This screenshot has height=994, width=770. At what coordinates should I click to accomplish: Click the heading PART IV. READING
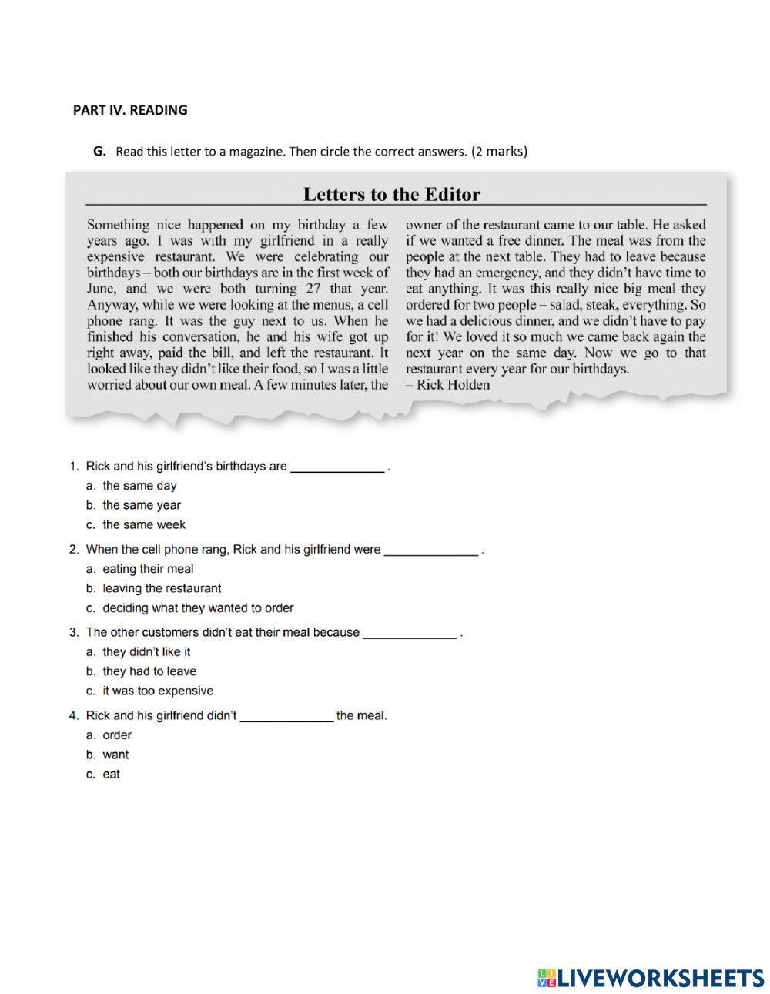pyautogui.click(x=130, y=110)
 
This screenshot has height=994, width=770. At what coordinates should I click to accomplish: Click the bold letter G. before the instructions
pyautogui.click(x=99, y=152)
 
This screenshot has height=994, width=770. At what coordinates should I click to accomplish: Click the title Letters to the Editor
pyautogui.click(x=391, y=194)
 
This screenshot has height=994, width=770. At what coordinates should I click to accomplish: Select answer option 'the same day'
pyautogui.click(x=139, y=486)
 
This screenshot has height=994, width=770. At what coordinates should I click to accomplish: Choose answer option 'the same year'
pyautogui.click(x=142, y=505)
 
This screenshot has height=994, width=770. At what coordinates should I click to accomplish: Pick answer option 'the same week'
pyautogui.click(x=144, y=524)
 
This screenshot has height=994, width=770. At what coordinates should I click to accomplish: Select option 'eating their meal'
pyautogui.click(x=148, y=569)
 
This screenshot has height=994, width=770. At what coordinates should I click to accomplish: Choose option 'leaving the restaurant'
pyautogui.click(x=162, y=588)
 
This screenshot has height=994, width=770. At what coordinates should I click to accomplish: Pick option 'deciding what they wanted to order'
pyautogui.click(x=198, y=607)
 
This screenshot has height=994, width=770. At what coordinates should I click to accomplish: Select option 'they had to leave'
pyautogui.click(x=149, y=671)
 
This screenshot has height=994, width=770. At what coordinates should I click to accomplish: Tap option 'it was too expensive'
pyautogui.click(x=158, y=691)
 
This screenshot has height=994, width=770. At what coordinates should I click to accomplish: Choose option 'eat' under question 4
pyautogui.click(x=112, y=774)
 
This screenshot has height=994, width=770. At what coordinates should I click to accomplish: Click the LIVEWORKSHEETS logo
pyautogui.click(x=651, y=978)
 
